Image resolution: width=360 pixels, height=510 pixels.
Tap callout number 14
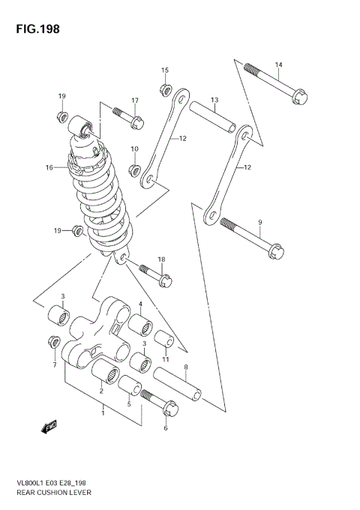point(277,64)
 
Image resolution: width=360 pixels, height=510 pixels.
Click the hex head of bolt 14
point(299,97)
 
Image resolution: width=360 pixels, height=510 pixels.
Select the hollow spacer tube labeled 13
point(213,117)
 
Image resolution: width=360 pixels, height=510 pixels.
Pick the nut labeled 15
point(163,91)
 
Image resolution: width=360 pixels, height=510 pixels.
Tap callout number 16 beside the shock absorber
point(49,167)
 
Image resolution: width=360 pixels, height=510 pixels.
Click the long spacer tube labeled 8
point(180,383)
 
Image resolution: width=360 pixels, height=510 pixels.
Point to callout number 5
point(128,404)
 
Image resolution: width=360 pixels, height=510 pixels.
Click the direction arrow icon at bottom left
point(50,427)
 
